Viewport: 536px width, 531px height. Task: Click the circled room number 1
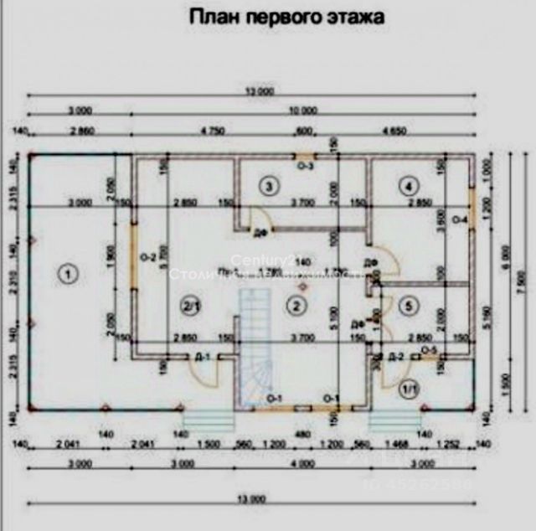click(x=68, y=271)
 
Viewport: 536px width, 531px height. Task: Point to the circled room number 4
click(x=408, y=185)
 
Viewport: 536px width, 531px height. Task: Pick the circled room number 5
click(x=408, y=307)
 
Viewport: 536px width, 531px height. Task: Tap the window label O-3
click(x=307, y=167)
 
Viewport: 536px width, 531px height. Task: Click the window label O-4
click(x=460, y=219)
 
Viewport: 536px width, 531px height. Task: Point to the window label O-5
click(x=429, y=348)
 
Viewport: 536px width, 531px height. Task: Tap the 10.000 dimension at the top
click(x=303, y=110)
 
